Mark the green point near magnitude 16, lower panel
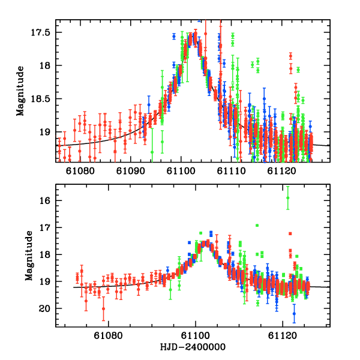coord(288,197)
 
